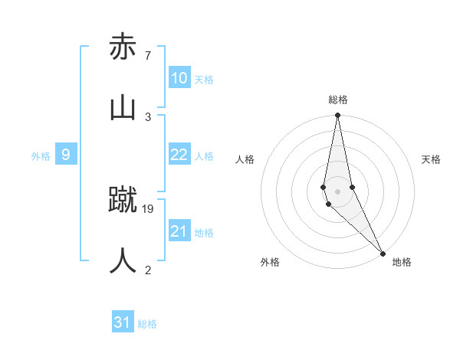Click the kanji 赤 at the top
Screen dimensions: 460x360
(123, 47)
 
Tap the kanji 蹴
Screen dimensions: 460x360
(123, 201)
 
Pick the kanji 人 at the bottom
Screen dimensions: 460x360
(123, 260)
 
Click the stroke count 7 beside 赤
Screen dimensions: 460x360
(147, 56)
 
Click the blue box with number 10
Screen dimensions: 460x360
(179, 79)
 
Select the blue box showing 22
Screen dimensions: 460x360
(179, 155)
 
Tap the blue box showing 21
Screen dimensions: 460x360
(179, 231)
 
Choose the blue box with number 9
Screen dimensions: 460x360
(66, 155)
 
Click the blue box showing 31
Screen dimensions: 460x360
(123, 322)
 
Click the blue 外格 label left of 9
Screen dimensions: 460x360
(41, 156)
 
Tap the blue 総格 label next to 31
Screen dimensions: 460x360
(147, 324)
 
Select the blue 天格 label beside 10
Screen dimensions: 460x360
(203, 80)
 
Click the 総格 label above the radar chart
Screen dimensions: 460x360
(338, 100)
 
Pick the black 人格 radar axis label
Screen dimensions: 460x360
(245, 159)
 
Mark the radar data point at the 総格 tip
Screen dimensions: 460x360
(337, 116)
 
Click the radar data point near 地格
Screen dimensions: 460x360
(383, 253)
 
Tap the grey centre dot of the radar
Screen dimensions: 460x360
(337, 191)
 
